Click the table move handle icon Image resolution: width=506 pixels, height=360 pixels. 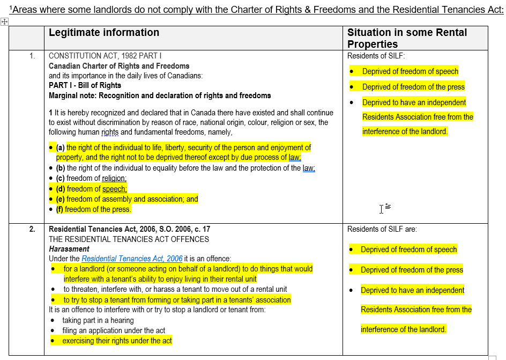4,21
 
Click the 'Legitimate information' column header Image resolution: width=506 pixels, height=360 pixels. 104,33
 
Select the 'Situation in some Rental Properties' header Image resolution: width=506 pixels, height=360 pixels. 407,38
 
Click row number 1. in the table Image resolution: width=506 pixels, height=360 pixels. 32,56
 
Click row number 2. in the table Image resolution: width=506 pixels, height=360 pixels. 32,229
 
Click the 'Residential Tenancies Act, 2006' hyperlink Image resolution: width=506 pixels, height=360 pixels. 132,259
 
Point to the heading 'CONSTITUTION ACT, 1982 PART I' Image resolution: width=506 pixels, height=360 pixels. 105,56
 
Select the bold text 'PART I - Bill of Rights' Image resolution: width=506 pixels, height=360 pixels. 85,85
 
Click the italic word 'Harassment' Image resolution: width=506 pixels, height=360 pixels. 69,249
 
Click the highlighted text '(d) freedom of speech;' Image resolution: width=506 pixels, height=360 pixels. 91,189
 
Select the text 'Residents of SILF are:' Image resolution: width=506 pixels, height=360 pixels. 382,229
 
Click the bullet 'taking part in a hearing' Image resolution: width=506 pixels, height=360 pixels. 98,320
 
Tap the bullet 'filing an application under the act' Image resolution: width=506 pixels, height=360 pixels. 114,330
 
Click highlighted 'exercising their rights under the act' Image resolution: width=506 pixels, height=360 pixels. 117,341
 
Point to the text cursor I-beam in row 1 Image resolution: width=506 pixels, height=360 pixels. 382,209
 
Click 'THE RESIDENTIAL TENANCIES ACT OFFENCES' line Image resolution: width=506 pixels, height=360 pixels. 129,239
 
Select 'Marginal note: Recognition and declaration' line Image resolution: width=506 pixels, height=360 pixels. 160,95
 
